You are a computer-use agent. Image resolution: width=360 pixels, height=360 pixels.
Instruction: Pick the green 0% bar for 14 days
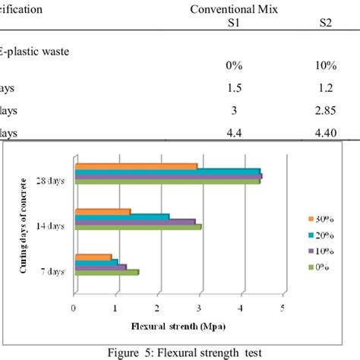point(137,226)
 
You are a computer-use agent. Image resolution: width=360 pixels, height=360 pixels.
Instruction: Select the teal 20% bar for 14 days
point(121,216)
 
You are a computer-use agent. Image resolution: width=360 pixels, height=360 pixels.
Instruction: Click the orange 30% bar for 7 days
point(92,257)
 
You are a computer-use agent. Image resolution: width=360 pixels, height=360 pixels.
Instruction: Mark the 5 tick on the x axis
point(283,308)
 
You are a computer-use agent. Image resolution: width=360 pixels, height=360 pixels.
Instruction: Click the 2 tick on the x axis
point(157,308)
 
